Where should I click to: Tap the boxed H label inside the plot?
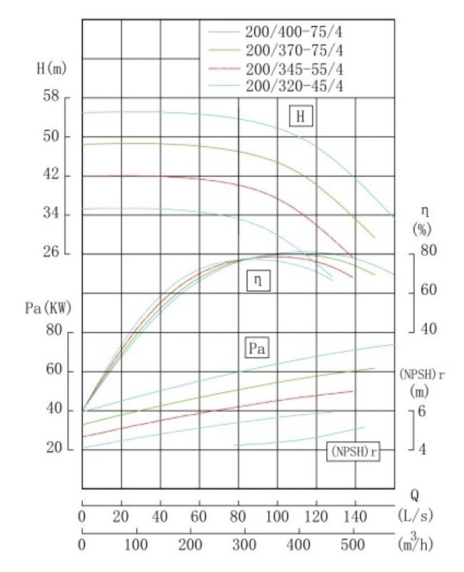(x=300, y=117)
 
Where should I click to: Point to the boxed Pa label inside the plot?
(x=257, y=347)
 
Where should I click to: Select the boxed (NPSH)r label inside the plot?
(x=354, y=451)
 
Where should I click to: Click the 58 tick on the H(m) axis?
(x=53, y=98)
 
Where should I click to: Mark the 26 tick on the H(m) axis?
(x=53, y=254)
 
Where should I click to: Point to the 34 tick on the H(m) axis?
(x=53, y=215)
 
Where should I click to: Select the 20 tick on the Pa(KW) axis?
(x=54, y=450)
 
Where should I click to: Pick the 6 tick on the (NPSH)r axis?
(x=422, y=411)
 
